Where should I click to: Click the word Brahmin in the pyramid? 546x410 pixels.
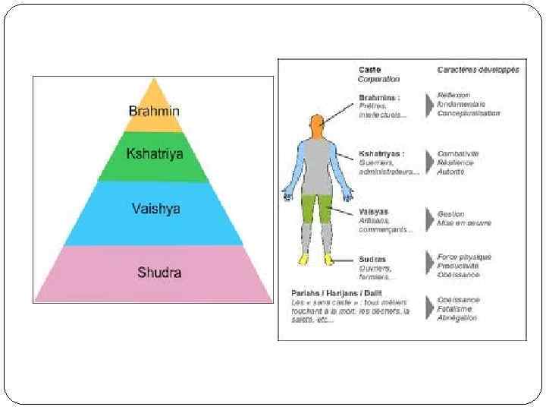(x=154, y=111)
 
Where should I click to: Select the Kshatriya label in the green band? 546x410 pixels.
(x=154, y=153)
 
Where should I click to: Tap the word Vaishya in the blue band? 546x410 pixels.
(x=155, y=208)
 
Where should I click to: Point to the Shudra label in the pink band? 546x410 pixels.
(x=158, y=272)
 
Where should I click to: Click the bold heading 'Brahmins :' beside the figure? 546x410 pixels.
(x=379, y=98)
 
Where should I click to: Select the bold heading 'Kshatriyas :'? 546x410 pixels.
(x=381, y=154)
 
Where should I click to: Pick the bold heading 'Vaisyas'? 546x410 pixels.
(x=374, y=211)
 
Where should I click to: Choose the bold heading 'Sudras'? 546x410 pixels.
(x=372, y=259)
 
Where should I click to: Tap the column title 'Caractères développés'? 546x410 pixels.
(x=478, y=70)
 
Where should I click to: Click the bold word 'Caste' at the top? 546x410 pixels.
(x=370, y=69)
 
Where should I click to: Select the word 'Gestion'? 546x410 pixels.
(x=450, y=214)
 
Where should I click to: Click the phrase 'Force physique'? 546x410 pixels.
(x=464, y=257)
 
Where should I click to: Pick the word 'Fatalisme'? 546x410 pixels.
(x=454, y=309)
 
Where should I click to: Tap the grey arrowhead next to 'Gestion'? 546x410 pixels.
(x=428, y=217)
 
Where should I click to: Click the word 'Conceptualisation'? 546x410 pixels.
(x=469, y=113)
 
